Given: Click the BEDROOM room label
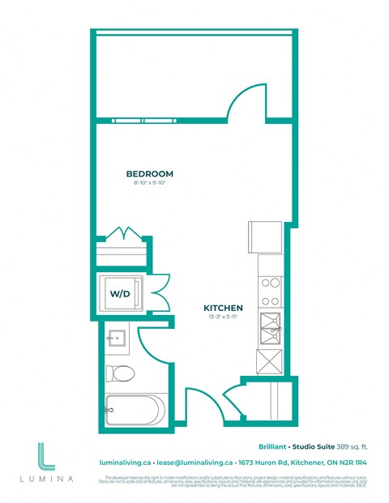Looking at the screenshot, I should [149, 174].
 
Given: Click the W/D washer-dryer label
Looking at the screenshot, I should [119, 294].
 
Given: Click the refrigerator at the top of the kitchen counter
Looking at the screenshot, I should [264, 237].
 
